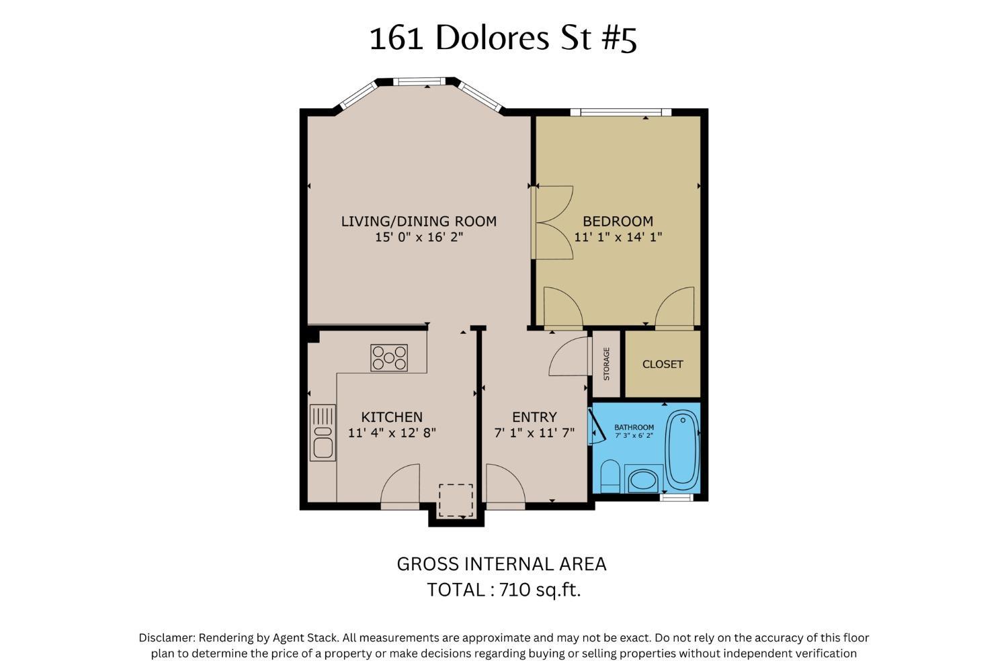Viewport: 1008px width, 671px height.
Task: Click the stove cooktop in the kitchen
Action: pyautogui.click(x=389, y=358)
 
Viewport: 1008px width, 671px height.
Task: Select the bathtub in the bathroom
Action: pyautogui.click(x=682, y=449)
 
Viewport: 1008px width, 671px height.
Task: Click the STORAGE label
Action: pyautogui.click(x=606, y=364)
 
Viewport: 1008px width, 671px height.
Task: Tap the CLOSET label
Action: pyautogui.click(x=663, y=364)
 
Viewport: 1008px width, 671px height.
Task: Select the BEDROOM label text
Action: pyautogui.click(x=618, y=221)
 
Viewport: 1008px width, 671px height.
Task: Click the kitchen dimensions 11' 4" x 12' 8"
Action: pyautogui.click(x=392, y=433)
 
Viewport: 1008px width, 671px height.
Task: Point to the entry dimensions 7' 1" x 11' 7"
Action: pyautogui.click(x=534, y=433)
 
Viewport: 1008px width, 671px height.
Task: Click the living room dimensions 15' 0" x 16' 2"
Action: pyautogui.click(x=419, y=237)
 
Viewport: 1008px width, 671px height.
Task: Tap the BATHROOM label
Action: pyautogui.click(x=634, y=427)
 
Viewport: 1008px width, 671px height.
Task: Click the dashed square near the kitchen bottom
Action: pyautogui.click(x=456, y=500)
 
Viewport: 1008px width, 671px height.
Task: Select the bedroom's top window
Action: pyautogui.click(x=620, y=112)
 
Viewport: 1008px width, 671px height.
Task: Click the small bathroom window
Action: pyautogui.click(x=676, y=497)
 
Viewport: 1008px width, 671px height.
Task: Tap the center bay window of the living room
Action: pyautogui.click(x=419, y=81)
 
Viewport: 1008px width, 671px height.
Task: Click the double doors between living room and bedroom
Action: pyautogui.click(x=552, y=222)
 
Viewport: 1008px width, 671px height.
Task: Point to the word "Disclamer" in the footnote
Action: pyautogui.click(x=167, y=637)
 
